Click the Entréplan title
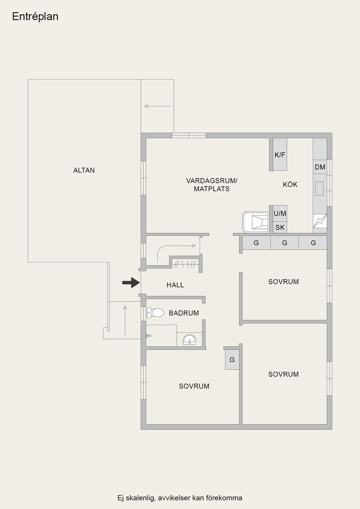[35, 16]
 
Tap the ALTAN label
[84, 170]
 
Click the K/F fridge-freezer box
[280, 154]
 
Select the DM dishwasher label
[320, 167]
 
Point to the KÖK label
[290, 184]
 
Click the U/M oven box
[280, 213]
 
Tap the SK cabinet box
[280, 227]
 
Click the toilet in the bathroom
[156, 313]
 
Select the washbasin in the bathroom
[189, 340]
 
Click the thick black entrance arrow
[131, 283]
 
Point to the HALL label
[175, 285]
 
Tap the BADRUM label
[184, 313]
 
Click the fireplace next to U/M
[256, 222]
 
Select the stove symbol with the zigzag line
[320, 221]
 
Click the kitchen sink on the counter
[319, 189]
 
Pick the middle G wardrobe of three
[285, 243]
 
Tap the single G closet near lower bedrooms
[232, 360]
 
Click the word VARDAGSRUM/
[211, 181]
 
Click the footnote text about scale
[180, 498]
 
